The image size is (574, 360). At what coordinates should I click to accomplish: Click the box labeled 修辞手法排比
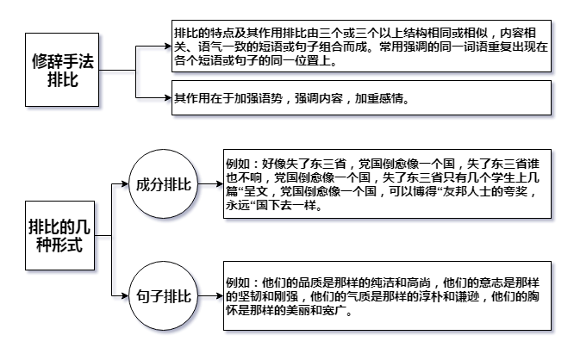point(62,70)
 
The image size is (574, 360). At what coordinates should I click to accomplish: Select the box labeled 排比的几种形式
point(59,236)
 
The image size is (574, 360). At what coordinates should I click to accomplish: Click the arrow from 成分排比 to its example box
point(210,183)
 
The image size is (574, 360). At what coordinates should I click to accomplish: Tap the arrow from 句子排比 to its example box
point(210,295)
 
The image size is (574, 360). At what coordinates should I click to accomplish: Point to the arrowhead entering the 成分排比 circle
point(125,183)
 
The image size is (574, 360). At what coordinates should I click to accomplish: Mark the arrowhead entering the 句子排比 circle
point(125,295)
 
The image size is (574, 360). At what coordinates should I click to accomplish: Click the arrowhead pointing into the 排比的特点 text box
point(168,47)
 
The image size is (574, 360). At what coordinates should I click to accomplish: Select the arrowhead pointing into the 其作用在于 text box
point(168,97)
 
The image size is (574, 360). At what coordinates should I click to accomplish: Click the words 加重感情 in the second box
point(379,98)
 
